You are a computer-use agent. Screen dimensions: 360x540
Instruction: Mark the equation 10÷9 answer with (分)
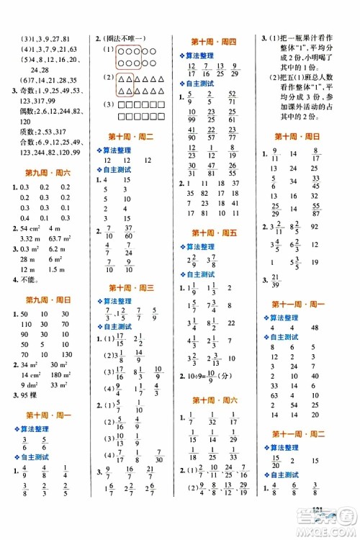(x=213, y=374)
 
